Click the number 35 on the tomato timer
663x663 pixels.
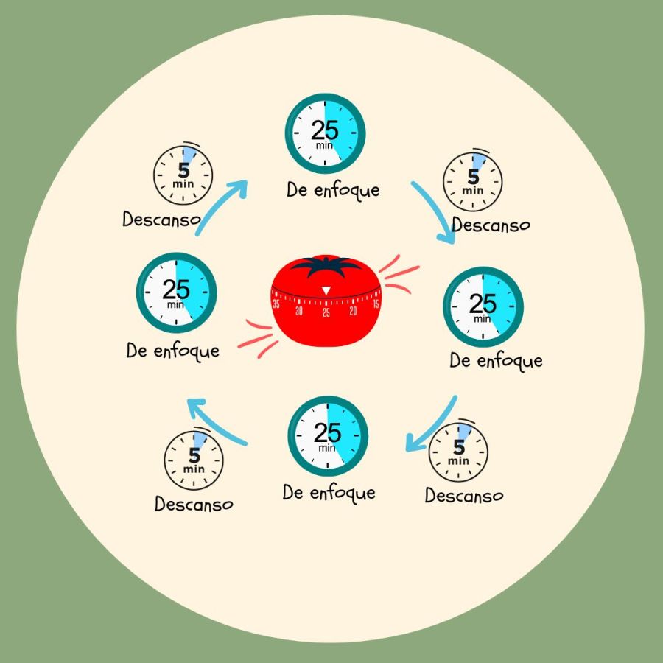pos(276,303)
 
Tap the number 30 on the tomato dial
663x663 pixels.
pos(299,311)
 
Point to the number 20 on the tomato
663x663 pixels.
pos(353,311)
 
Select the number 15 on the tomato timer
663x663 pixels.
pos(376,303)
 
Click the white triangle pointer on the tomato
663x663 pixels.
pos(326,291)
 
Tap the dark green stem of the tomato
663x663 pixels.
pos(326,266)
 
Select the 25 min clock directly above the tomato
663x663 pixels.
pos(325,133)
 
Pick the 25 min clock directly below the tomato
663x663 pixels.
pos(328,436)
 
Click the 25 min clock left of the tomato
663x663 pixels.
pos(176,292)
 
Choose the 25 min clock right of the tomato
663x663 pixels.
pos(483,306)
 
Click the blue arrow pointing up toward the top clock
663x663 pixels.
pos(220,207)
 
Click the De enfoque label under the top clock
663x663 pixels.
pos(333,190)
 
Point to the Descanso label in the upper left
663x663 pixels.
pos(161,220)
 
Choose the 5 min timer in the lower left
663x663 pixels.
pos(194,459)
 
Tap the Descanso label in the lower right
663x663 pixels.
pos(464,496)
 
